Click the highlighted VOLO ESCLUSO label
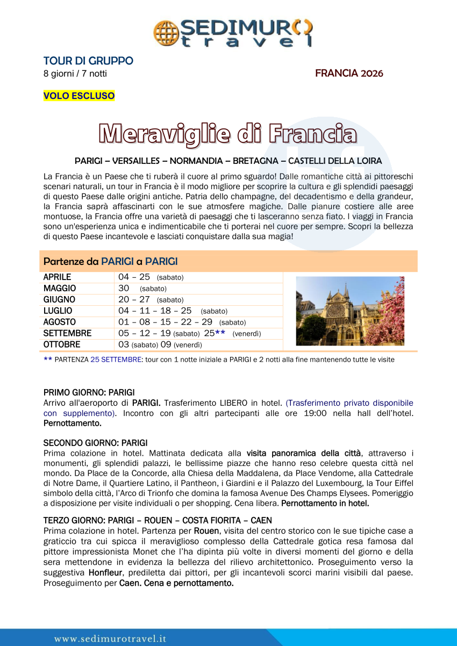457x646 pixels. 79,96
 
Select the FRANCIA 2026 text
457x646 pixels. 349,73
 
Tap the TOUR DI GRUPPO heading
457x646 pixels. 88,61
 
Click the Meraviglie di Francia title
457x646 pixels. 228,134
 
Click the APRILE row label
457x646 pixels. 57,277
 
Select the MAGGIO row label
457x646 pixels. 60,289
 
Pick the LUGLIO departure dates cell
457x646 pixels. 173,311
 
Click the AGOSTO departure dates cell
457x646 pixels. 182,322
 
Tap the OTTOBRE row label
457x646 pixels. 62,344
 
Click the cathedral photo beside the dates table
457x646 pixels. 350,311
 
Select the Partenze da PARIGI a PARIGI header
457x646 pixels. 111,262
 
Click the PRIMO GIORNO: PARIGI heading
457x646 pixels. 89,392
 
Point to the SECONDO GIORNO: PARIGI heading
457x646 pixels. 95,443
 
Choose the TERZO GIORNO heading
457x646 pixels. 158,521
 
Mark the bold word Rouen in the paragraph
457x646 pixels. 206,531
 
